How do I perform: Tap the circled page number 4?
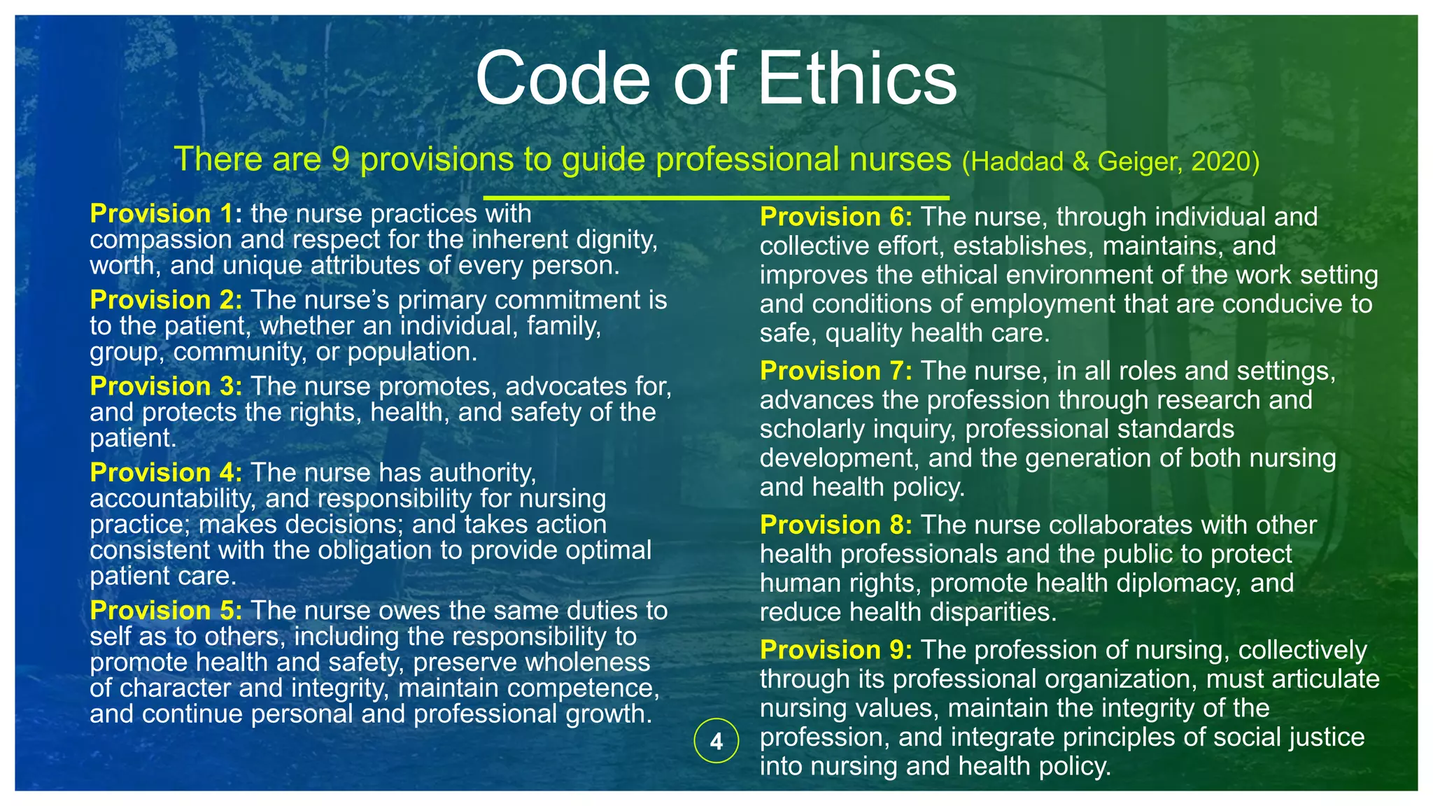(716, 741)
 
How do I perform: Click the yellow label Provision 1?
(166, 213)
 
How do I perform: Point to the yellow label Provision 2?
(166, 300)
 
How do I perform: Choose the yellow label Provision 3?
(166, 386)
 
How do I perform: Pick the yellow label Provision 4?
(166, 472)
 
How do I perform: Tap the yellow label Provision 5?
(166, 610)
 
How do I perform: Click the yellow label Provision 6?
(836, 217)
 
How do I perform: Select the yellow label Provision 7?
(836, 371)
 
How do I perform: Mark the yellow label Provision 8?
(836, 525)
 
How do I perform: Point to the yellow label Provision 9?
(836, 650)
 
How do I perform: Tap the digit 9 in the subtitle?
(340, 160)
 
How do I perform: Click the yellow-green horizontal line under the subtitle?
(716, 198)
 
